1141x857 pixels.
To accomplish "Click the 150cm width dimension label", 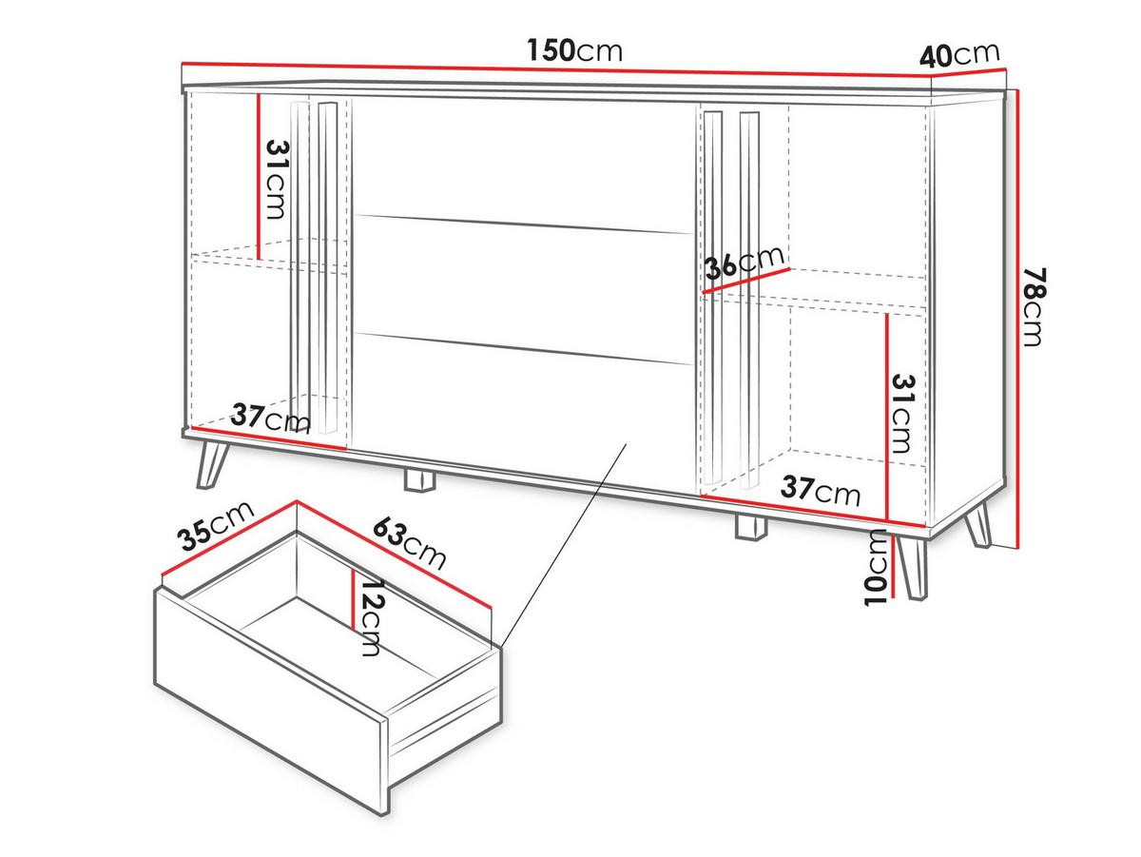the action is tap(574, 50).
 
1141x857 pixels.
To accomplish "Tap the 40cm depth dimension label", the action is tap(959, 55).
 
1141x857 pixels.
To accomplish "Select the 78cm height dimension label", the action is tap(1034, 307).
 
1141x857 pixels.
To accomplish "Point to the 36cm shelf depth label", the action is tap(744, 262).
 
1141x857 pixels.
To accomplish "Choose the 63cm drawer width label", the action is tap(409, 543).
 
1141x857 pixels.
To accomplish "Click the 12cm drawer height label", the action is tap(371, 617).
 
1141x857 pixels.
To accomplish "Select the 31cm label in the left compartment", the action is tap(276, 180).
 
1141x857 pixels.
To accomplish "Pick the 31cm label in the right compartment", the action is tap(902, 414).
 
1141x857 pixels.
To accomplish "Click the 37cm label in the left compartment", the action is tap(270, 419).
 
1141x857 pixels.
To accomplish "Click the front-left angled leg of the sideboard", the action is tap(212, 464).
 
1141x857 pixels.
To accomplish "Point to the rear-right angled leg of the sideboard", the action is tap(977, 526).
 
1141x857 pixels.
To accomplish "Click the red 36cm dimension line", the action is tap(745, 281).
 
